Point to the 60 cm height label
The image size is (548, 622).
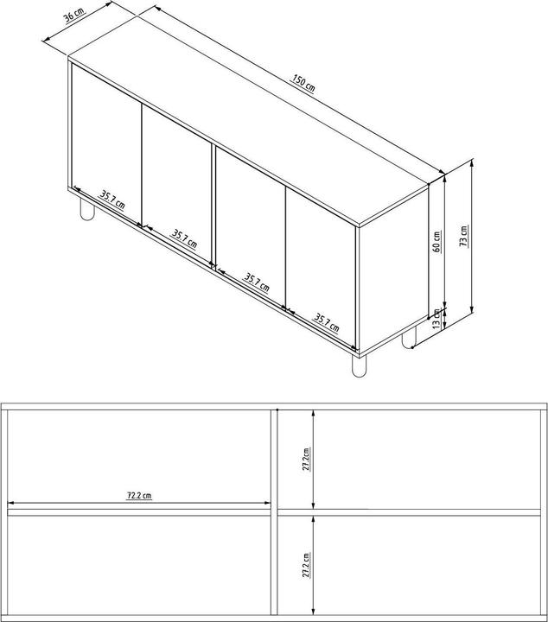click(x=437, y=241)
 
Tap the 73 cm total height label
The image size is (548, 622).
click(x=463, y=236)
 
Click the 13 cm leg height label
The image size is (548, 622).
click(x=437, y=318)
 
